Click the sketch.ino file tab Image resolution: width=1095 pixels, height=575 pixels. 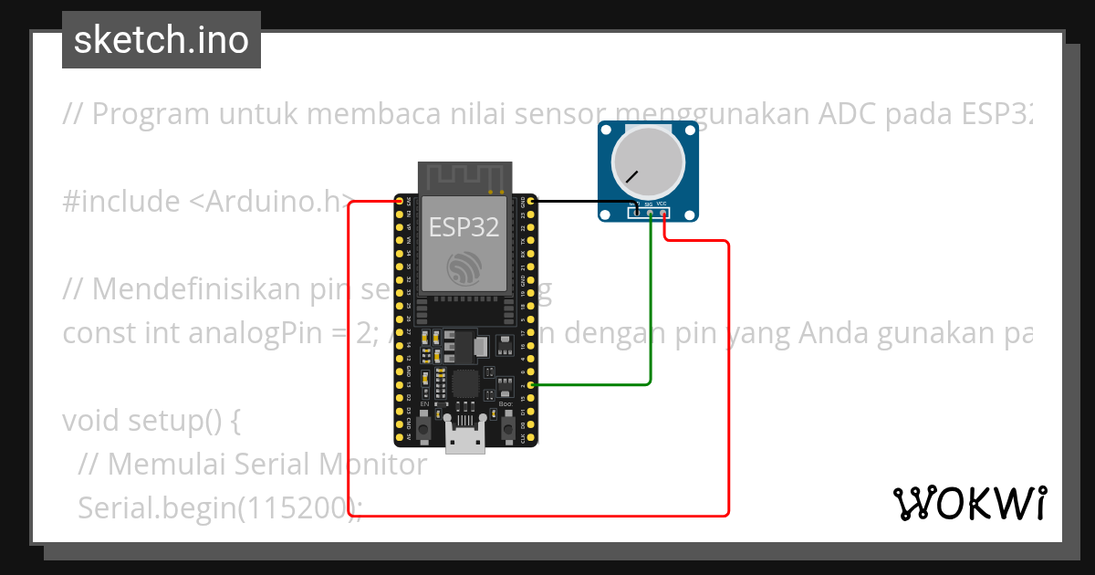162,40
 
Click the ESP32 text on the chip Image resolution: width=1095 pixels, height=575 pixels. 464,227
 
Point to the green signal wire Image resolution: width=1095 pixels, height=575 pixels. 650,301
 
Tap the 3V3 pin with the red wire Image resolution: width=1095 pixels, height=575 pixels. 399,200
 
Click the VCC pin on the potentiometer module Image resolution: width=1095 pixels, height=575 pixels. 662,213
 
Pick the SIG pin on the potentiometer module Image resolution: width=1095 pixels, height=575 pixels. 650,213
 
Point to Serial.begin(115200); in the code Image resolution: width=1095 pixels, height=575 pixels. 219,508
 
